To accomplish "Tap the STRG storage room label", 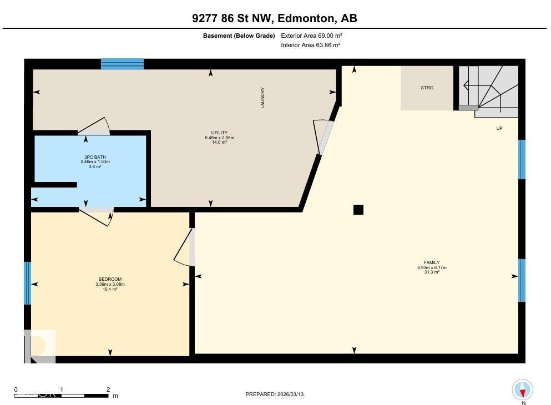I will tap(427, 88).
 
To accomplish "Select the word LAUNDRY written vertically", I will tap(263, 98).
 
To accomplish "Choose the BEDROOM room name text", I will tap(110, 279).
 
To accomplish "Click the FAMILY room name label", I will tap(432, 262).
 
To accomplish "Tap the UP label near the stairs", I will tap(499, 128).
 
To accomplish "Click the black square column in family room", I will tap(358, 210).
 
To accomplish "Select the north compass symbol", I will tap(522, 389).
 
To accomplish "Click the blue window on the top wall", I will tap(122, 64).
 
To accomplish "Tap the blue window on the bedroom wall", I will tap(27, 283).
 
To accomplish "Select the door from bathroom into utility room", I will tap(94, 128).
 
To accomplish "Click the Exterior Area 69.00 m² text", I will tap(311, 36).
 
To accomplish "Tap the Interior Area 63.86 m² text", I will tap(311, 45).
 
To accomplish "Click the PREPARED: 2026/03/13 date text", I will tap(275, 394).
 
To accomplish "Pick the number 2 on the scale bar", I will tap(108, 389).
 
